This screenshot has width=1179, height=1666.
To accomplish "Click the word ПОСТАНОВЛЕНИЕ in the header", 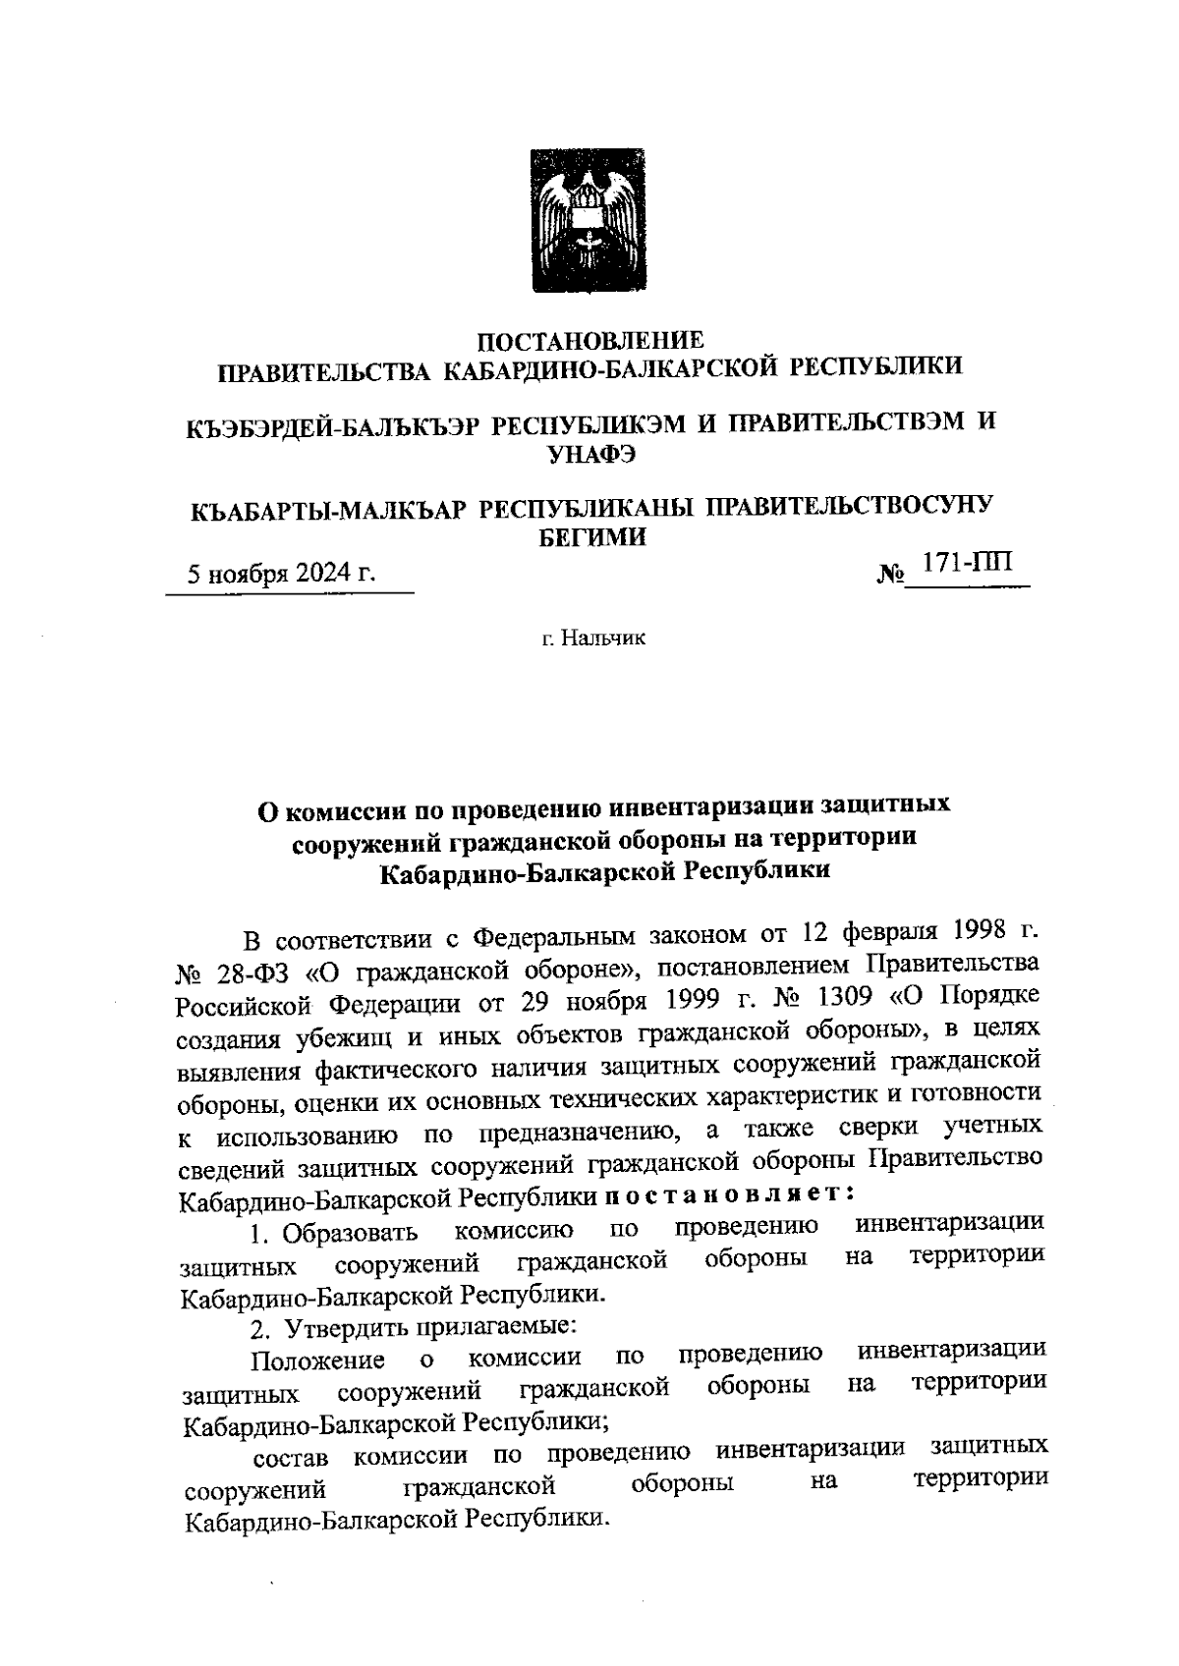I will [x=589, y=341].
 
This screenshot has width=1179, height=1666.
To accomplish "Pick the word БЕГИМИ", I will [x=589, y=537].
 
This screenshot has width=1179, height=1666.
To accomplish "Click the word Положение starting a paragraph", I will [x=316, y=1361].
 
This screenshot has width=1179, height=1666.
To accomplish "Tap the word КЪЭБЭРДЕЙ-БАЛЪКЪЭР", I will [x=333, y=424].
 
